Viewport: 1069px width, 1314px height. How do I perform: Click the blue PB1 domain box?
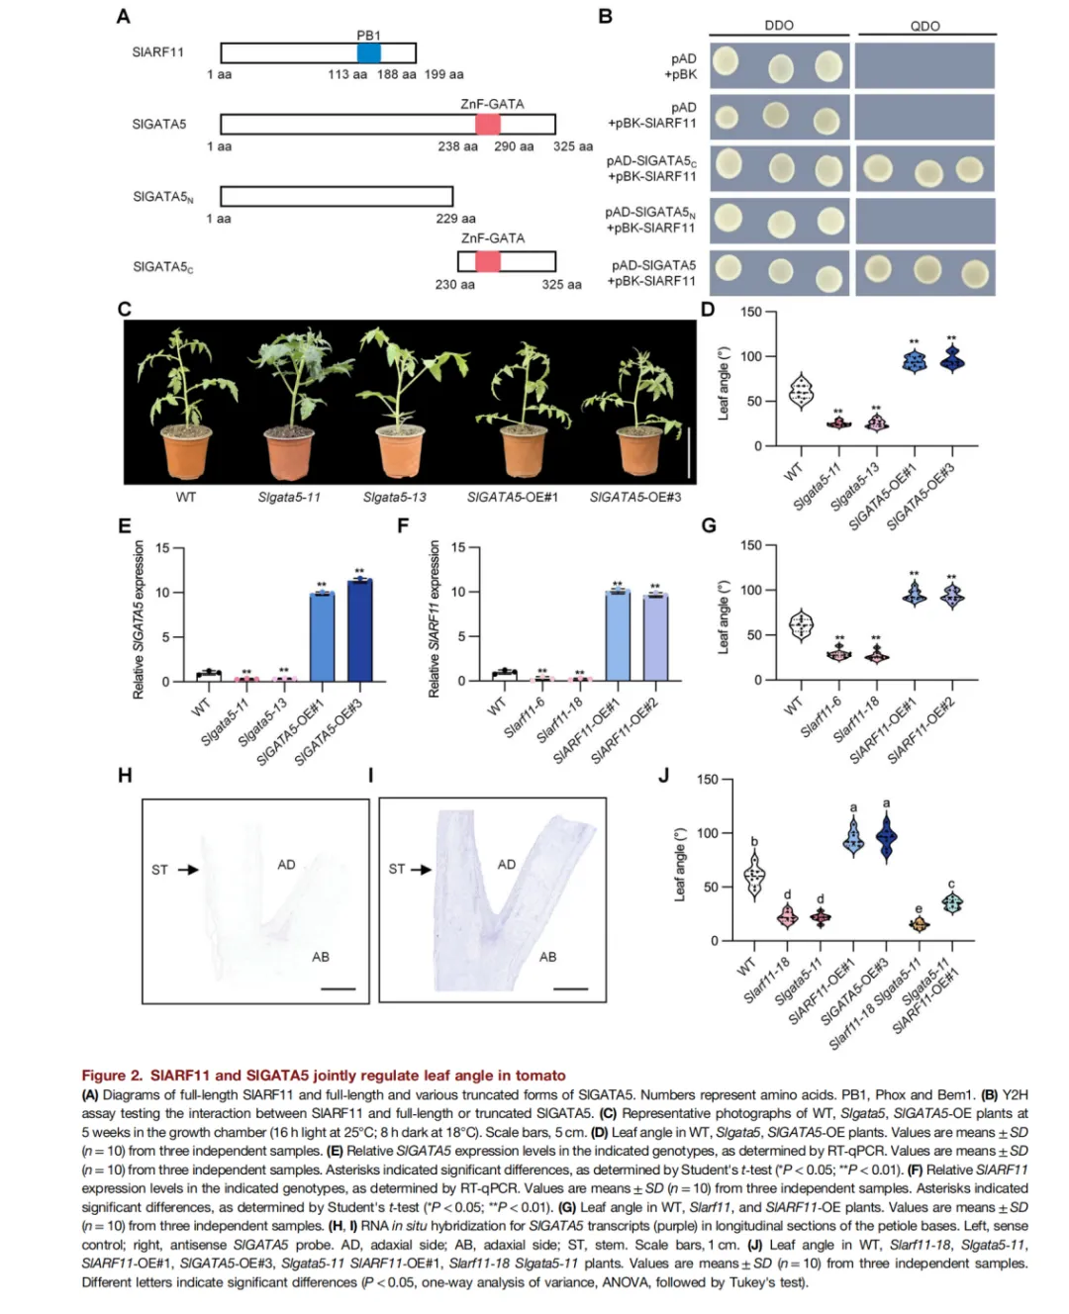368,53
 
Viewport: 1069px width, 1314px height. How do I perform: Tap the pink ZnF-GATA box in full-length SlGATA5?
487,124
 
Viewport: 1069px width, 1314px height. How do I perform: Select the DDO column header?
779,26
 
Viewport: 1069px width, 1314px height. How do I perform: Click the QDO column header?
925,27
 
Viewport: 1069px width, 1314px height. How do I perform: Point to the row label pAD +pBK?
683,66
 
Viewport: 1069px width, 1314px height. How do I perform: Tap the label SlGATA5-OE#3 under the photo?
634,497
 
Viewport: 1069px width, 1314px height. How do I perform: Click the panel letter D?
708,310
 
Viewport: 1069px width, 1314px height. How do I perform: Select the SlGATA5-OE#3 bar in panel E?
359,630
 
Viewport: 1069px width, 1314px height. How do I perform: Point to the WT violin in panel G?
801,625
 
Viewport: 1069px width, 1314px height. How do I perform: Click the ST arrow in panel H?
188,870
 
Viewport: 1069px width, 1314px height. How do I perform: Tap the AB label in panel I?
547,957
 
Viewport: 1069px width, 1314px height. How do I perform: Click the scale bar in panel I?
571,987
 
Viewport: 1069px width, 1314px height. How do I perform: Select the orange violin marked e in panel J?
919,924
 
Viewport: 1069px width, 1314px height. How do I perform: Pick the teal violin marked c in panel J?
951,902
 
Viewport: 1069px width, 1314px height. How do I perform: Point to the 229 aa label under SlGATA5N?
455,219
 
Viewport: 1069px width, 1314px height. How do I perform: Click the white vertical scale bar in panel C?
689,447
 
